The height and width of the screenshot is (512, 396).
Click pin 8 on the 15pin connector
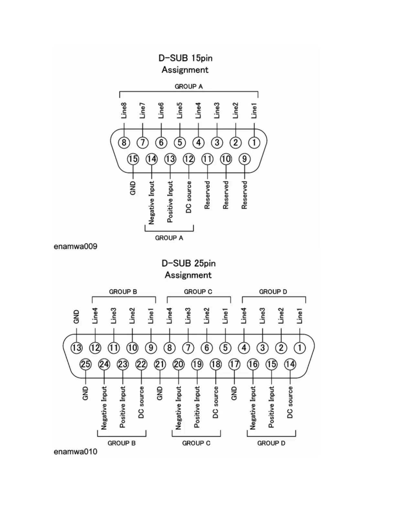pyautogui.click(x=124, y=142)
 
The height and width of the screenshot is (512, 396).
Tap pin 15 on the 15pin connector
pyautogui.click(x=133, y=159)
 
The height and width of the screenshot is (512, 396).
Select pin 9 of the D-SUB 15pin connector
pyautogui.click(x=245, y=159)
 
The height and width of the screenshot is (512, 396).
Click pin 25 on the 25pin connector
pyautogui.click(x=85, y=364)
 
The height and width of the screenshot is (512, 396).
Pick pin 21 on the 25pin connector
pyautogui.click(x=160, y=364)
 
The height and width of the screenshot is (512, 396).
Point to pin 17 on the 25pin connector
pyautogui.click(x=234, y=364)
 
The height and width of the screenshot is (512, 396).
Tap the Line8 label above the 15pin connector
pyautogui.click(x=124, y=111)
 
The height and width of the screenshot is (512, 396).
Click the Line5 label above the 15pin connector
pyautogui.click(x=180, y=111)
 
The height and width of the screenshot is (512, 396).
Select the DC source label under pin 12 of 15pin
pyautogui.click(x=189, y=197)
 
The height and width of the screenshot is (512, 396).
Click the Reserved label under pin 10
pyautogui.click(x=226, y=195)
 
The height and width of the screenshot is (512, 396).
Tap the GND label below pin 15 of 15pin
pyautogui.click(x=133, y=188)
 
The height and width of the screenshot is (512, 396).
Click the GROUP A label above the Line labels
pyautogui.click(x=189, y=87)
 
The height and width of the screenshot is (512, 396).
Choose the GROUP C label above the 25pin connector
pyautogui.click(x=198, y=292)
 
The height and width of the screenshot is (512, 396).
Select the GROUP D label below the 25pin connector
pyautogui.click(x=271, y=443)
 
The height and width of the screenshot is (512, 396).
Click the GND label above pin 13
pyautogui.click(x=77, y=317)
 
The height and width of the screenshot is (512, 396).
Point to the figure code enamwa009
pyautogui.click(x=75, y=247)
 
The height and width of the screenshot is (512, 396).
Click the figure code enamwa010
pyautogui.click(x=75, y=452)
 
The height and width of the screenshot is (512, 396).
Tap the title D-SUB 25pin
pyautogui.click(x=188, y=263)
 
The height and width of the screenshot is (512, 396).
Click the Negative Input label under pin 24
pyautogui.click(x=104, y=408)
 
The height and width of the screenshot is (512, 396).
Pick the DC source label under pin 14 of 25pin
pyautogui.click(x=290, y=402)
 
